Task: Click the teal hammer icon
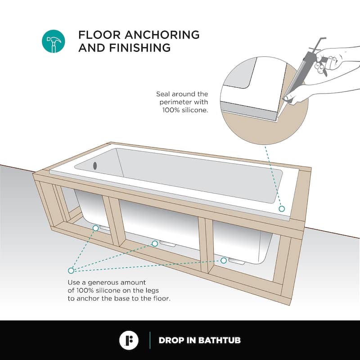tap(53, 41)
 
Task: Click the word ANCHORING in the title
tap(162, 35)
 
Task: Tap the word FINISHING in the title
tap(140, 48)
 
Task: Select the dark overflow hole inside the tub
tap(95, 166)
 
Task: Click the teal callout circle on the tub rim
tap(282, 209)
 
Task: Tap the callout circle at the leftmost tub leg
tap(96, 228)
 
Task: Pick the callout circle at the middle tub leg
tap(155, 243)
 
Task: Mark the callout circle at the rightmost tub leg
tap(224, 261)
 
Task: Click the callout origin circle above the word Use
tap(71, 270)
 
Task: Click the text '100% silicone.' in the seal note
tap(185, 110)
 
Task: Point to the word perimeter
tap(175, 103)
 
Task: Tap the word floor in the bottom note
tap(162, 298)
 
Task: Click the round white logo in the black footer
tap(129, 340)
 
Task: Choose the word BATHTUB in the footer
tap(220, 340)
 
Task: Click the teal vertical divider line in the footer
tap(150, 340)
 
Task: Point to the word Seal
tap(163, 94)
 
